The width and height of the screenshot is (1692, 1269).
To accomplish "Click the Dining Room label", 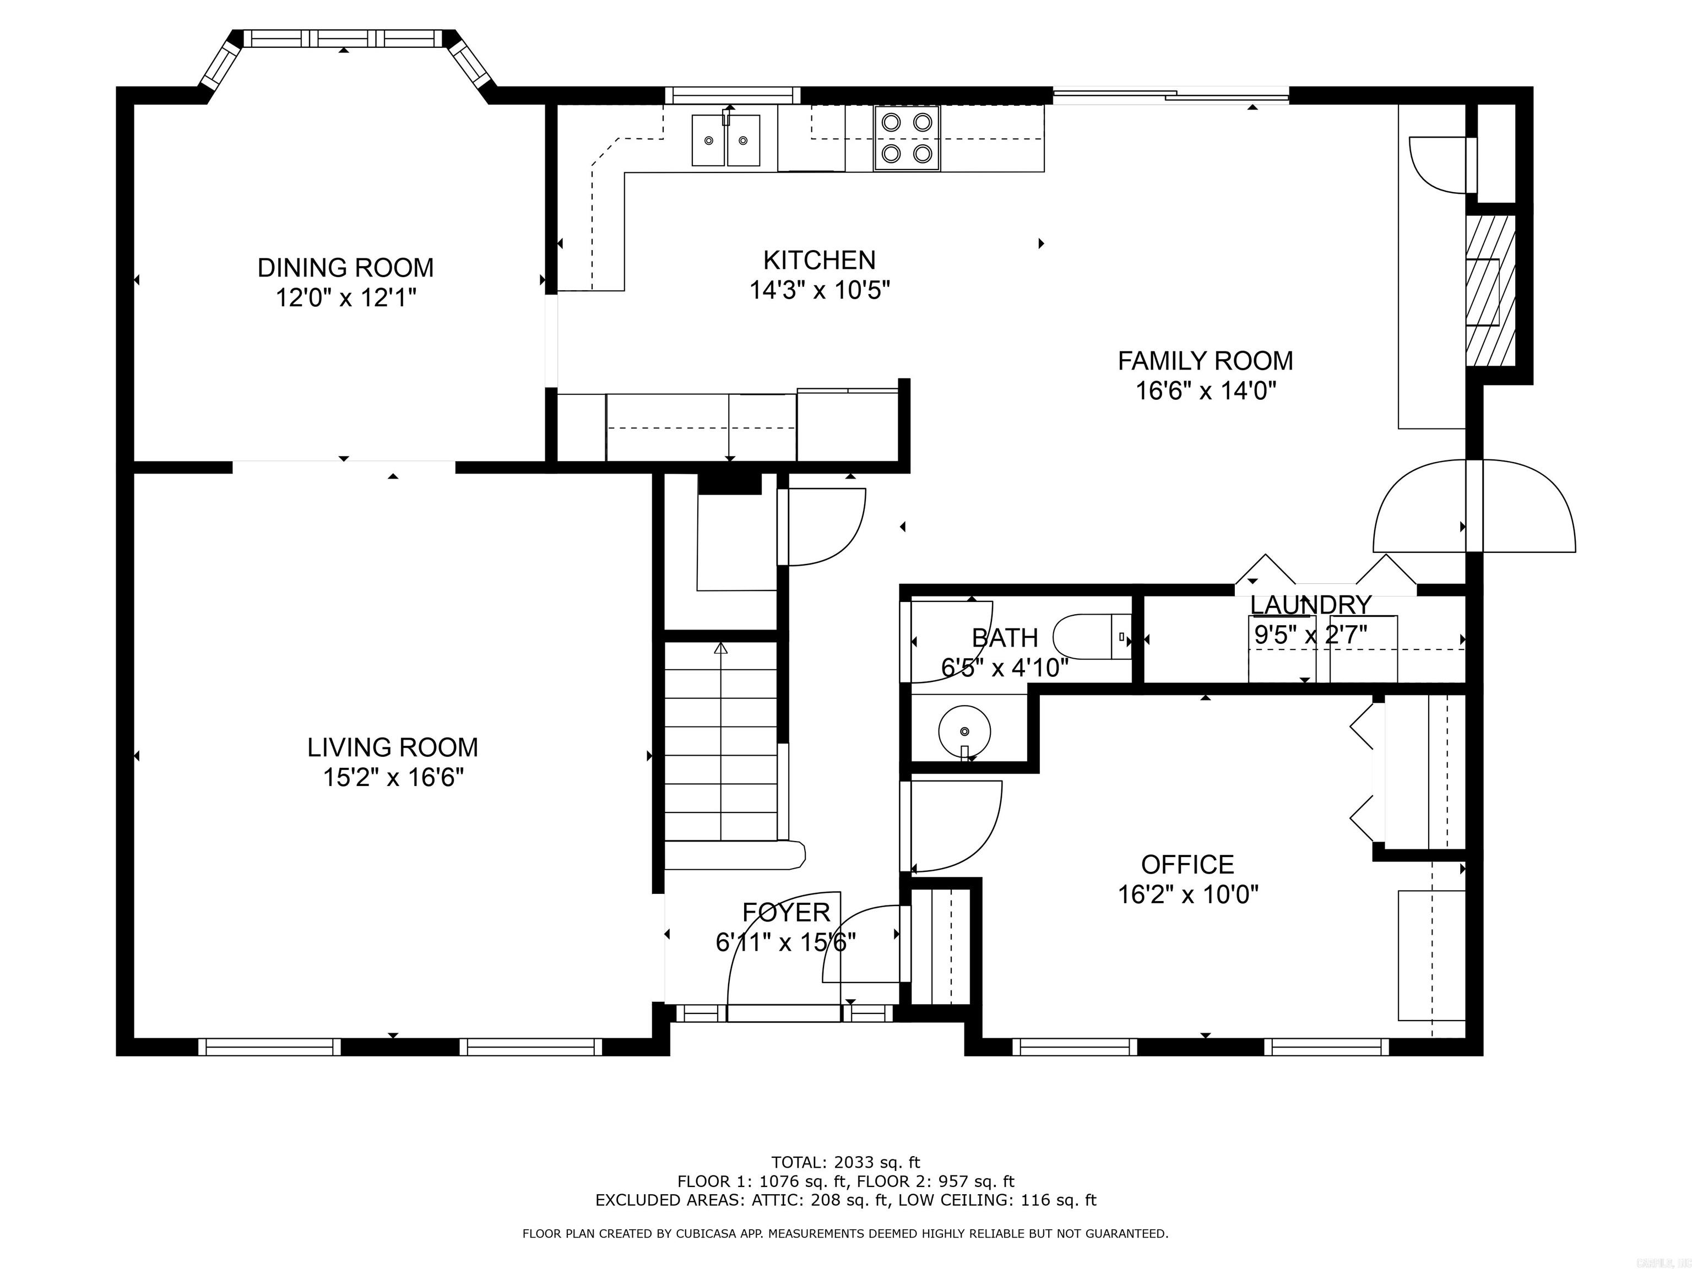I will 345,268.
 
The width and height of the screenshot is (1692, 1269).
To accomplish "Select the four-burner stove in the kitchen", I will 907,138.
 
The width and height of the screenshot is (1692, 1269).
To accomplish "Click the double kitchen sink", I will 726,140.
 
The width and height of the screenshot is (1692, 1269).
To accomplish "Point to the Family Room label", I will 1205,360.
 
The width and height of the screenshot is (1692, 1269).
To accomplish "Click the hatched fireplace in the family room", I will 1489,291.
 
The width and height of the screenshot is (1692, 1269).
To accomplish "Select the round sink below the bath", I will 964,730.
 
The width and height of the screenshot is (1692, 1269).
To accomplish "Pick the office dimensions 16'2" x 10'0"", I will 1187,894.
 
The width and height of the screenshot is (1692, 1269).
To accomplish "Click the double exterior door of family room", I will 1474,506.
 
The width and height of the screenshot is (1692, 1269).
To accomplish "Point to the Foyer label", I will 785,913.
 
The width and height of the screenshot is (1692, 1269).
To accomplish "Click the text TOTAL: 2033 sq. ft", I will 845,1163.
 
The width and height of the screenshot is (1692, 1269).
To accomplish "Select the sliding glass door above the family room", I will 1170,96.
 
